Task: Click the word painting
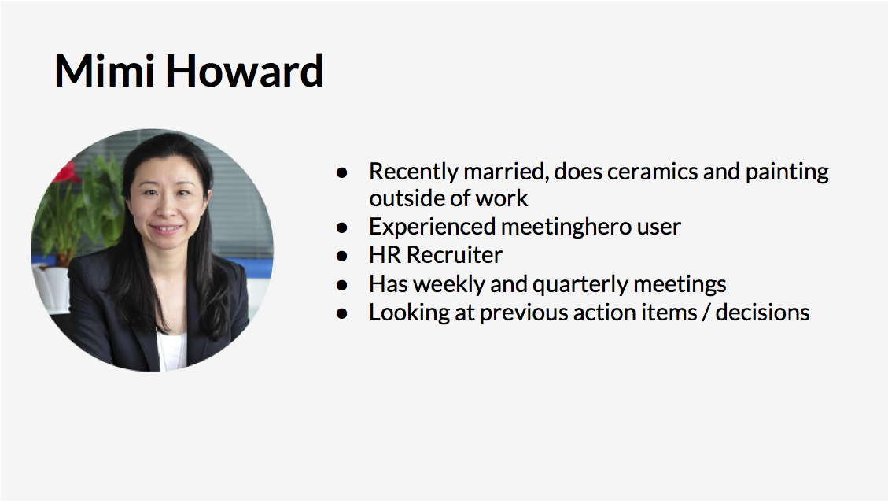(787, 172)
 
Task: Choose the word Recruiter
(454, 255)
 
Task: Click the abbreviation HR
(385, 255)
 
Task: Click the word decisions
(762, 313)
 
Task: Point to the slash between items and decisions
(706, 313)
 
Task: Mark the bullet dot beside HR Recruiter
(341, 257)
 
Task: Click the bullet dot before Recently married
(341, 172)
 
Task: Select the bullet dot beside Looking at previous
(341, 313)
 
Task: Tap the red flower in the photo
(67, 172)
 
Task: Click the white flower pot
(52, 287)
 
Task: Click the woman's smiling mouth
(167, 230)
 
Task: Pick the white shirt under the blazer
(172, 350)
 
